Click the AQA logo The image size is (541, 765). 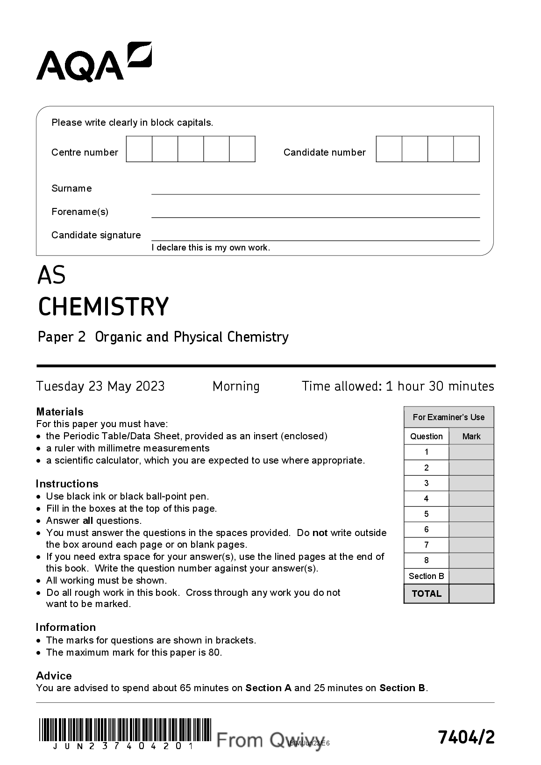tap(93, 63)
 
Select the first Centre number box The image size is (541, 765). tap(139, 149)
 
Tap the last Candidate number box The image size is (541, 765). tap(466, 149)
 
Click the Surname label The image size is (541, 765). tap(71, 188)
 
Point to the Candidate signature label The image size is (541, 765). tap(96, 235)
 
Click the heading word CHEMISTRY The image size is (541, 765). tap(103, 307)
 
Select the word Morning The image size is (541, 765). tap(236, 386)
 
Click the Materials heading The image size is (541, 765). tap(60, 412)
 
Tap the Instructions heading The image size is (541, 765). tap(67, 484)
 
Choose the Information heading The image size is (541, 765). tap(66, 627)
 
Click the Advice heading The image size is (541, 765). tap(54, 676)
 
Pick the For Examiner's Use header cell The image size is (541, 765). tap(448, 417)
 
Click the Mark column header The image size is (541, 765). tap(471, 436)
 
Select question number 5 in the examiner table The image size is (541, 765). tap(426, 514)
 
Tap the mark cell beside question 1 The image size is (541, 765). tap(471, 452)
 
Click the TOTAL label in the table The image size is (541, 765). tap(426, 593)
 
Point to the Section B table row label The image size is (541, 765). tap(426, 576)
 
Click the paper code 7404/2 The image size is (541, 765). tap(466, 737)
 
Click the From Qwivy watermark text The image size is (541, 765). tap(270, 740)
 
